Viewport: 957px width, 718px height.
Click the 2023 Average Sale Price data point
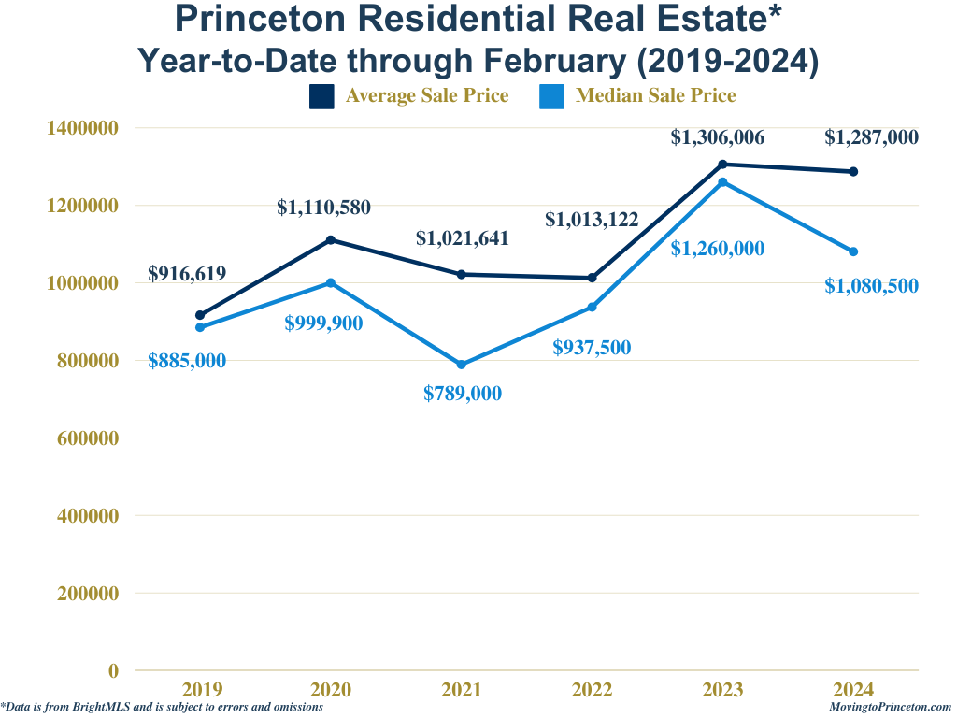[722, 165]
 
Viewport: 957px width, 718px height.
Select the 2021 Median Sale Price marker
[462, 365]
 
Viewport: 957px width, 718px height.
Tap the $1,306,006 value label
[718, 137]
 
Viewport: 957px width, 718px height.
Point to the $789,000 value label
[463, 394]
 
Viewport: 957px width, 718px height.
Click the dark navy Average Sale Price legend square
[321, 96]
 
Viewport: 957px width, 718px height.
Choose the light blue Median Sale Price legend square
[552, 96]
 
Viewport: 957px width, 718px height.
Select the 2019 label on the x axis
[202, 690]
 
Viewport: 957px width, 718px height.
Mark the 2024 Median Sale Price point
[853, 251]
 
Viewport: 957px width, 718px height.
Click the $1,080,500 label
[871, 286]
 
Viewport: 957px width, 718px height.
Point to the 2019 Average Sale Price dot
[200, 315]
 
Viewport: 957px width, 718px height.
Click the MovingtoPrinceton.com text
[890, 708]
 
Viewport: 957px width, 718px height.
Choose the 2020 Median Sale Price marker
[331, 282]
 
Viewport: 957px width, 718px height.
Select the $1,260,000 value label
[718, 249]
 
